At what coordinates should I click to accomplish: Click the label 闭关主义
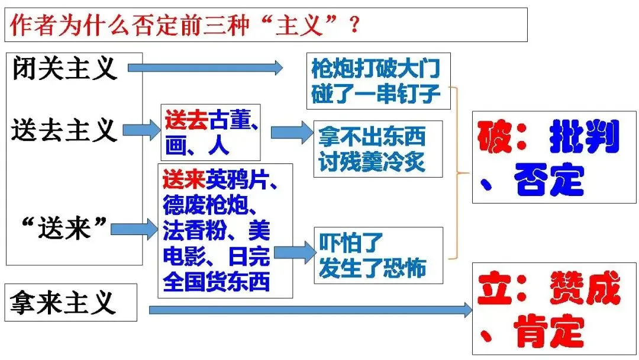[64, 69]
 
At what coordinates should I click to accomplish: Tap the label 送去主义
[64, 130]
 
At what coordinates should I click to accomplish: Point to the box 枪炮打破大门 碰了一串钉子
[378, 82]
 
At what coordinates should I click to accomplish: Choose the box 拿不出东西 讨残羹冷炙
[377, 149]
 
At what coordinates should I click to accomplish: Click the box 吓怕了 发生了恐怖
[378, 255]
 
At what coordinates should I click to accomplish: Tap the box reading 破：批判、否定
[546, 157]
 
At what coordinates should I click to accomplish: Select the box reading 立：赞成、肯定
[546, 308]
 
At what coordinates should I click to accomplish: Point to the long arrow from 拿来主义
[311, 309]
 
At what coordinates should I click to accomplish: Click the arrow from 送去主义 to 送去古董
[141, 130]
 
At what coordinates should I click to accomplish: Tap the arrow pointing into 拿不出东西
[292, 133]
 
